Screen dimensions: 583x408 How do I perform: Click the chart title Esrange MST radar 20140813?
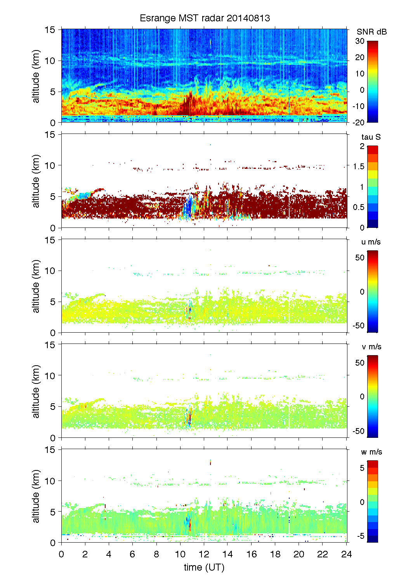(205, 18)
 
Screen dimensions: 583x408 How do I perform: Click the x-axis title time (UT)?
(204, 567)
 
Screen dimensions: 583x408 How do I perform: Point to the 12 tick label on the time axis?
(204, 554)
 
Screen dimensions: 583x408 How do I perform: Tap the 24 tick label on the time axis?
(346, 554)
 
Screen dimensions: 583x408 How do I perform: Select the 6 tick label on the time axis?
(132, 554)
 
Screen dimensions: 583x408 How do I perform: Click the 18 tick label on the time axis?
(275, 554)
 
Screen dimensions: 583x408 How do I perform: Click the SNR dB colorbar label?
(372, 32)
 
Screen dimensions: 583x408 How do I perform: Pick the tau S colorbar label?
(371, 137)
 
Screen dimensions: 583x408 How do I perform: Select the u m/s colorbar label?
(371, 242)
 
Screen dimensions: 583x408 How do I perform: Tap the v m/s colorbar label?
(371, 347)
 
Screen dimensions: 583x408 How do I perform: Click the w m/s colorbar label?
(371, 452)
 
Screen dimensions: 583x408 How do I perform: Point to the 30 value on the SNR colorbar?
(360, 41)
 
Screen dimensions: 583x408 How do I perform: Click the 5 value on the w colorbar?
(362, 468)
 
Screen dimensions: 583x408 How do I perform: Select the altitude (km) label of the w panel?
(36, 496)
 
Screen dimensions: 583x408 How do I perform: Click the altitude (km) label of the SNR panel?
(36, 76)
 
